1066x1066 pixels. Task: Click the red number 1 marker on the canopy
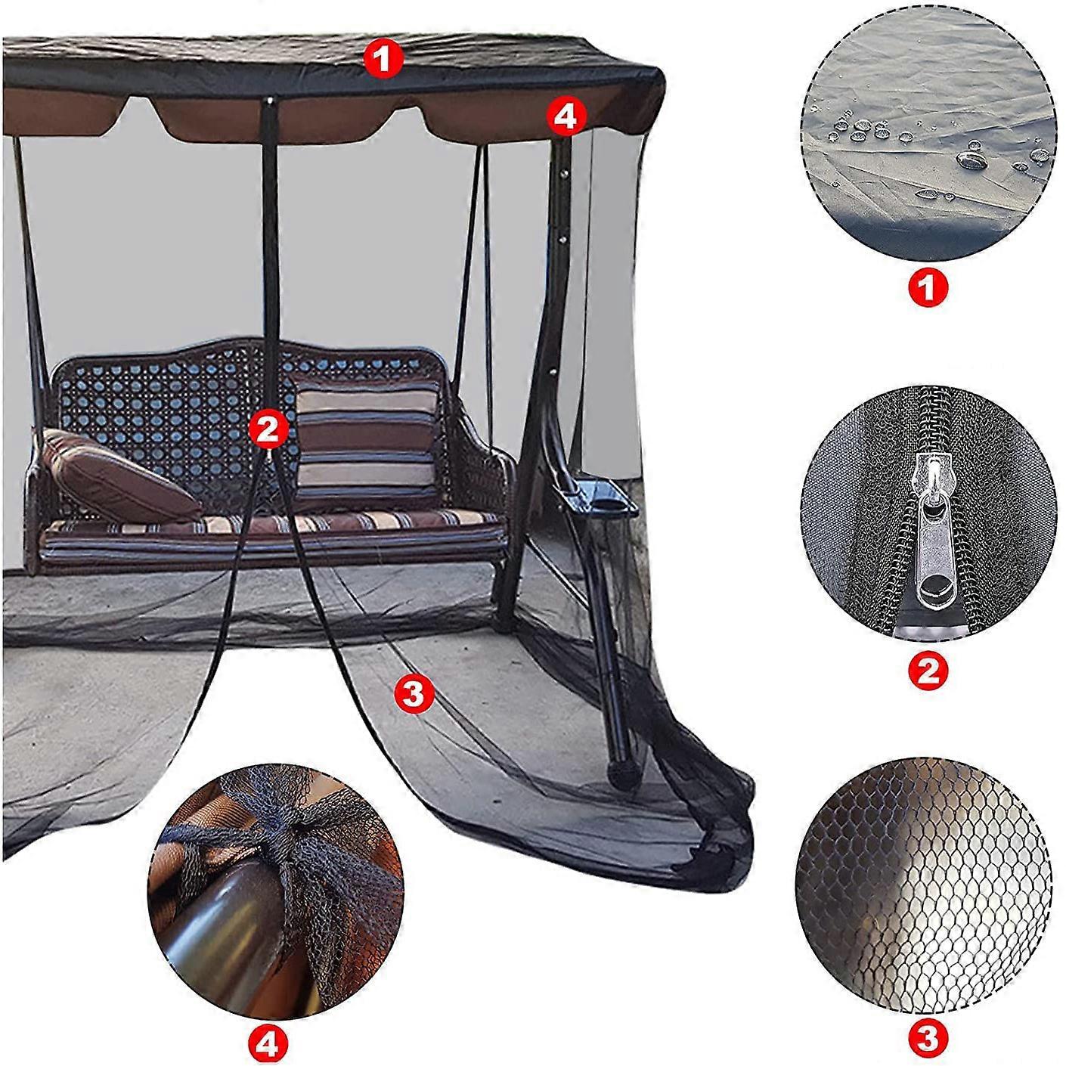(x=383, y=58)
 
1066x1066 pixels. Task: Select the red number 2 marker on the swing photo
(x=268, y=429)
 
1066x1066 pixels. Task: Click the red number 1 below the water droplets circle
(x=927, y=287)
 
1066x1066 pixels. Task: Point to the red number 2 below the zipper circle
(x=928, y=668)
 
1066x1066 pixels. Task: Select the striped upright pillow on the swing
(x=367, y=442)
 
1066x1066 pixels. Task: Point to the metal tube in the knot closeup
(x=219, y=937)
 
